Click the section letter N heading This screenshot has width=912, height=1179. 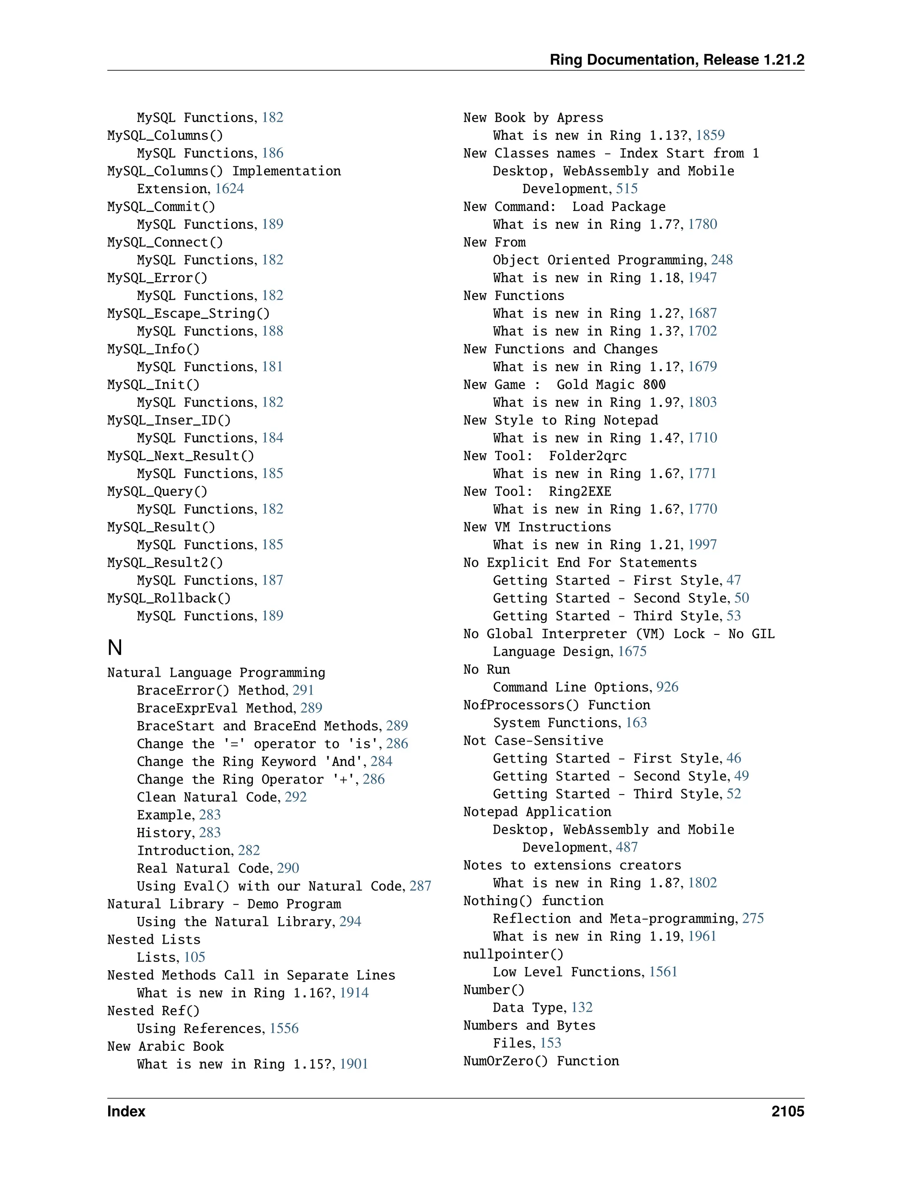coord(114,647)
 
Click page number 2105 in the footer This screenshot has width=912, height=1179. coord(787,1111)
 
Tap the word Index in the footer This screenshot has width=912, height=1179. coord(126,1111)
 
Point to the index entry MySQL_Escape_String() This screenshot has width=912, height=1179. coord(188,313)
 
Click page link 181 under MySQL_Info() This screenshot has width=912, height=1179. coord(272,367)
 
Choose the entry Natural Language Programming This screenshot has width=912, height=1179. coord(216,672)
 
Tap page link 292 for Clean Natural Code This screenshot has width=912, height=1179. coord(296,797)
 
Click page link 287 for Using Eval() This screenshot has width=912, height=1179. coord(420,886)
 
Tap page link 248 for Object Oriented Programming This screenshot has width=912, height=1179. coord(721,260)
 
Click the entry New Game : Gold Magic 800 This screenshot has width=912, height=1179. coord(564,384)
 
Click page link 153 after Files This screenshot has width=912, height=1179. coord(550,1043)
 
